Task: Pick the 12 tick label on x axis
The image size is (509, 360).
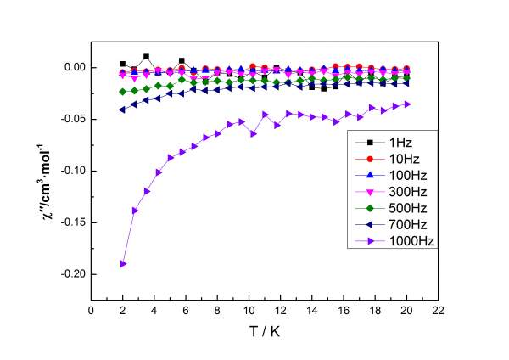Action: [x=281, y=310]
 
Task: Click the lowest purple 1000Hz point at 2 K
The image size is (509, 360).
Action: [x=123, y=263]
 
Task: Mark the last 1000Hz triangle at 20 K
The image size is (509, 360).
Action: [x=407, y=104]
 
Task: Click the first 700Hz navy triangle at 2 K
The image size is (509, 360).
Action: [x=123, y=110]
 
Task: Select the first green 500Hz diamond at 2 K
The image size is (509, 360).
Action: [x=123, y=92]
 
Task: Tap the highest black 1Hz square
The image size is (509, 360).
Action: [x=147, y=57]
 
